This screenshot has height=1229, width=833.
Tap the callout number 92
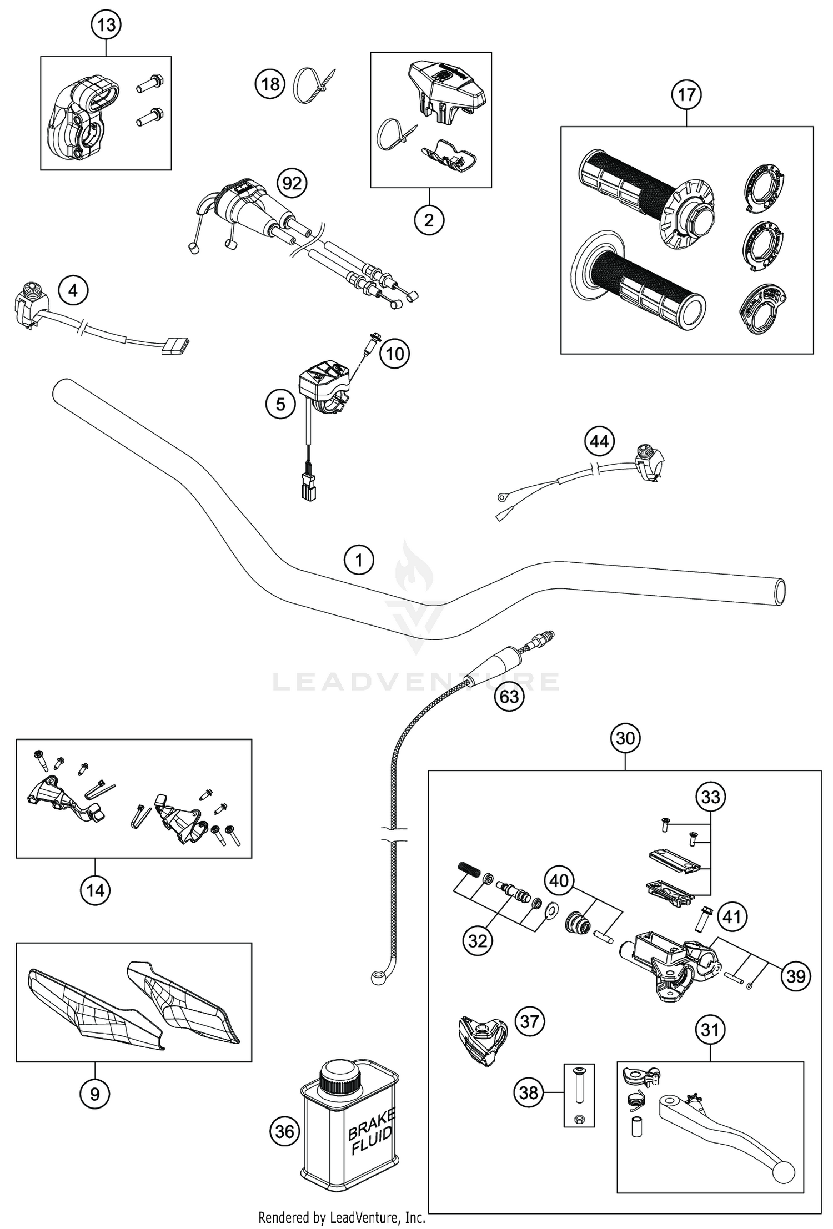[x=292, y=184]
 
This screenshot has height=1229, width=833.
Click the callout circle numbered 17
[x=686, y=95]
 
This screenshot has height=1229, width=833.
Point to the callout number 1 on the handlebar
[x=359, y=560]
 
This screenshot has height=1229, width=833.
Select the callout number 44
[x=599, y=442]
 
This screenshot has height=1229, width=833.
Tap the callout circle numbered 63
[x=509, y=696]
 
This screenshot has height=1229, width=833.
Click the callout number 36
[x=284, y=1132]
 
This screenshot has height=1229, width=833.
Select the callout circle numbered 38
[x=528, y=1093]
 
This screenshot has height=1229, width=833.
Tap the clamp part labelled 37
[x=482, y=1034]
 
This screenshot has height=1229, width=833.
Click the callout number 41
[x=732, y=916]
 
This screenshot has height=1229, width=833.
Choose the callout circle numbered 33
[x=711, y=797]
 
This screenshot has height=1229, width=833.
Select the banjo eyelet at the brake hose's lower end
[x=379, y=992]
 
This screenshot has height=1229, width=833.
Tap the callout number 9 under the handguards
[x=94, y=1094]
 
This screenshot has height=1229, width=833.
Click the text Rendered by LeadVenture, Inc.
[x=342, y=1218]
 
